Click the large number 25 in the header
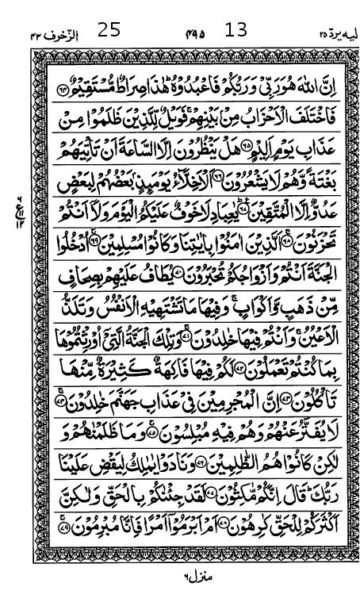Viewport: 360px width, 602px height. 109,30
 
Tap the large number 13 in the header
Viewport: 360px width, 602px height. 236,30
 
